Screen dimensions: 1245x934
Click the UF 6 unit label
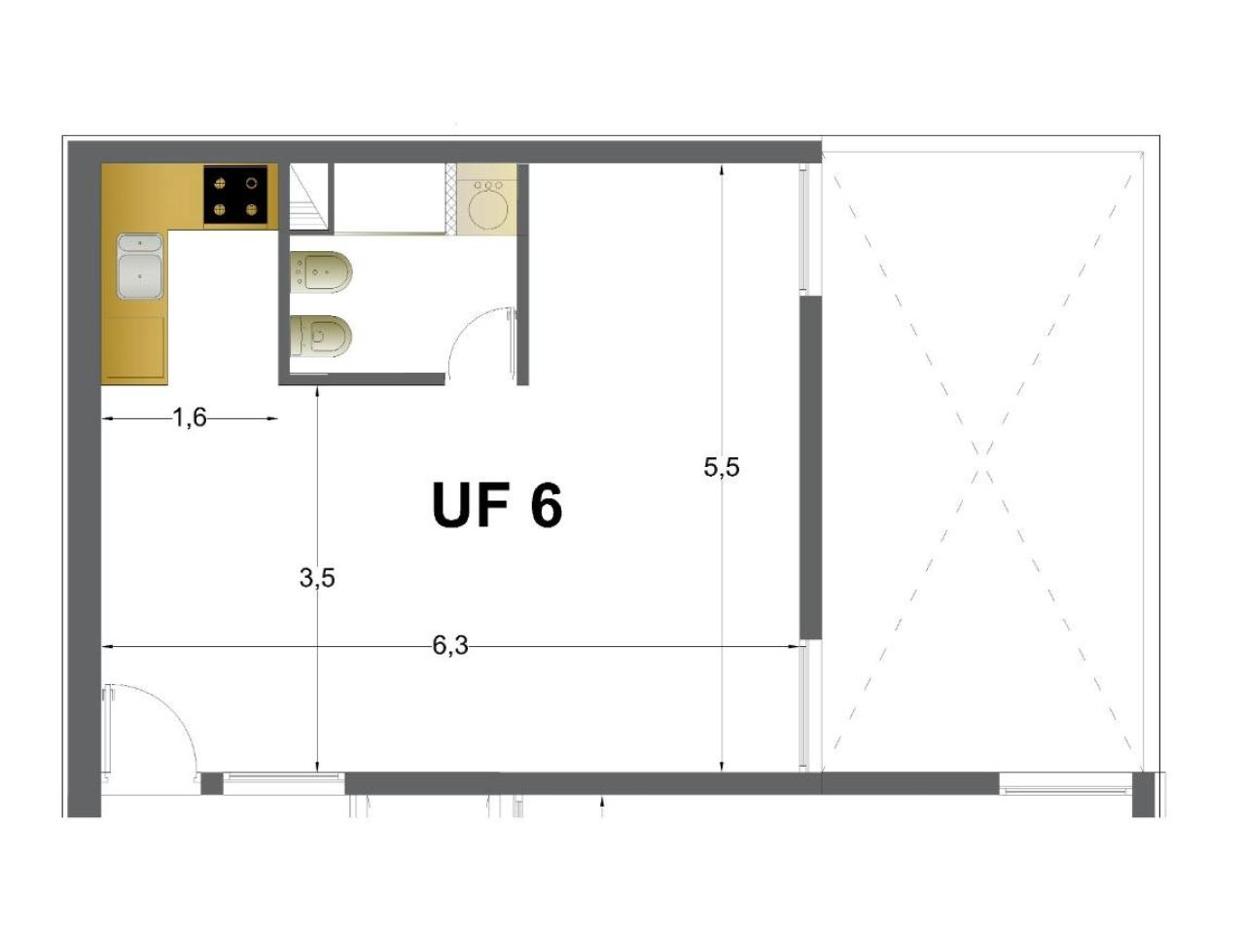click(x=496, y=504)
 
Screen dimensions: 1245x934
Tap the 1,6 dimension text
click(x=190, y=418)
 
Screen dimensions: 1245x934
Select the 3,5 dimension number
click(x=317, y=578)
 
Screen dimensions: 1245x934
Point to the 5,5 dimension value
click(x=722, y=467)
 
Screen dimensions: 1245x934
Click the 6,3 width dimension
click(x=450, y=645)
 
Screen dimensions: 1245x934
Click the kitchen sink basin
click(x=139, y=267)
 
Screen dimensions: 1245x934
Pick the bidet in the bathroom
click(x=321, y=272)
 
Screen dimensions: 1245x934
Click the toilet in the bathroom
click(x=321, y=337)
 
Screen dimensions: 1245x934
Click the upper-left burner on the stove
click(x=220, y=183)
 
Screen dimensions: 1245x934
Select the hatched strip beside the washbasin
click(x=450, y=198)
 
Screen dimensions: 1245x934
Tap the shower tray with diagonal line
click(x=310, y=198)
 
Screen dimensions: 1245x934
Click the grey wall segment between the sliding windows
click(x=810, y=467)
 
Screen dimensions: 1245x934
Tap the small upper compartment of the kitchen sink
click(x=139, y=243)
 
